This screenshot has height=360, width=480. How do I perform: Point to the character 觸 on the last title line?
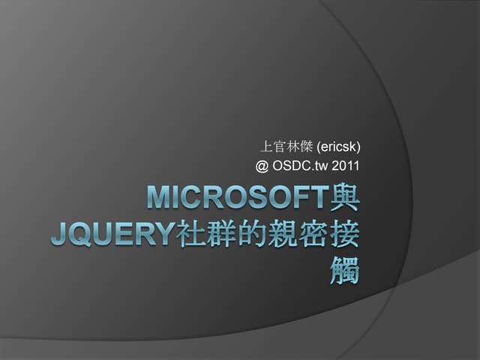pyautogui.click(x=344, y=272)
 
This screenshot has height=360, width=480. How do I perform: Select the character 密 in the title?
pyautogui.click(x=313, y=235)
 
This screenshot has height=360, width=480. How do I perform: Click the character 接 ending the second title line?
pyautogui.click(x=344, y=235)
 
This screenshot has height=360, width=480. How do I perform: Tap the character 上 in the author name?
pyautogui.click(x=265, y=145)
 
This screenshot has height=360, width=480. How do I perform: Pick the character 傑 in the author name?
pyautogui.click(x=309, y=145)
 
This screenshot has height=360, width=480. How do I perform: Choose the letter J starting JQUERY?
pyautogui.click(x=58, y=235)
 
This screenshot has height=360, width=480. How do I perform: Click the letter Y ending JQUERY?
pyautogui.click(x=165, y=235)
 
